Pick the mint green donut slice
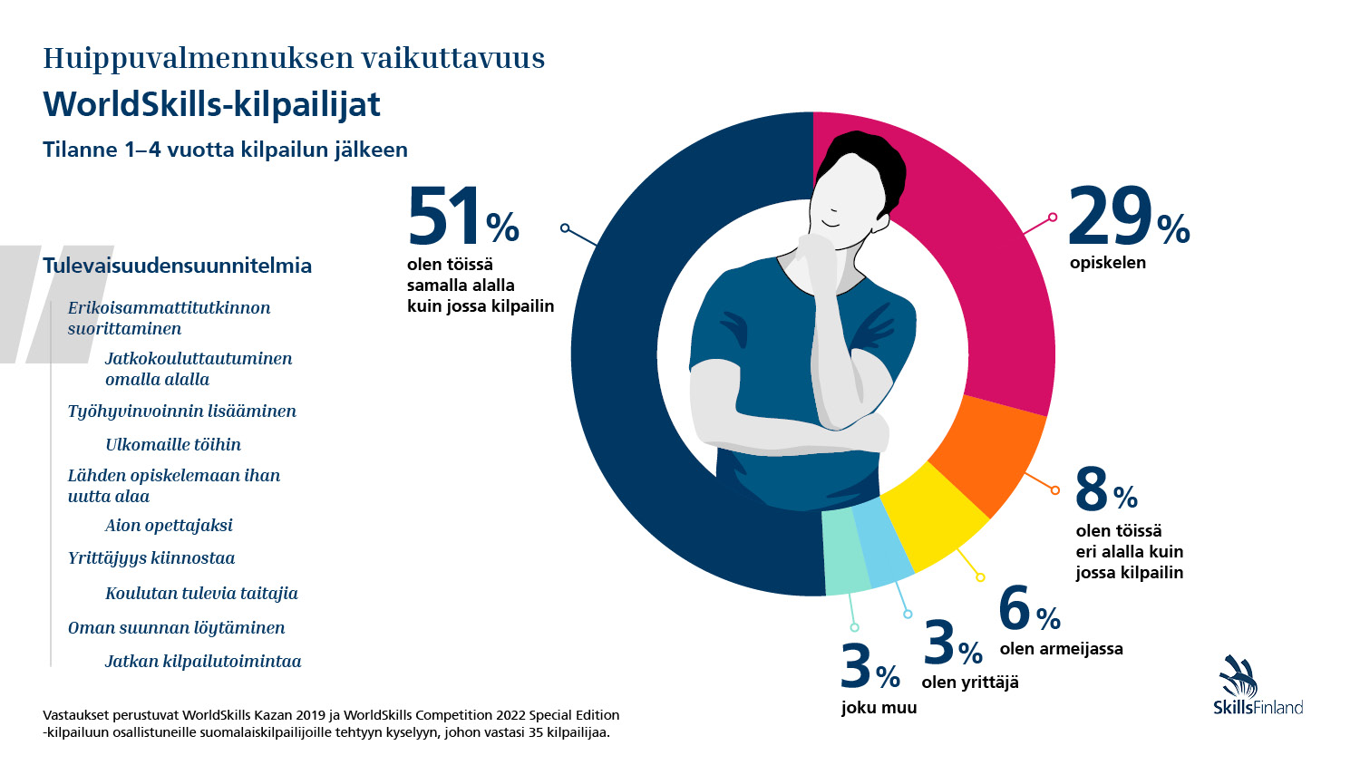coord(845,553)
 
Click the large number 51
coord(444,218)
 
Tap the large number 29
coord(1110,218)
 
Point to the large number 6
coord(1015,608)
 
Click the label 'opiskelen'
coord(1107,263)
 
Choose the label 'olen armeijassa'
coord(1061,649)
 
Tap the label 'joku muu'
coord(879,708)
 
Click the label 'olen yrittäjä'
coord(970,683)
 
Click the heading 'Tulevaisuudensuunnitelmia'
coord(177,266)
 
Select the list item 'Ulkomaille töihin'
coord(173,444)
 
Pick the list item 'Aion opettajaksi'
coord(169,526)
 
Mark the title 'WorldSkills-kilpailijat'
coord(211,104)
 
